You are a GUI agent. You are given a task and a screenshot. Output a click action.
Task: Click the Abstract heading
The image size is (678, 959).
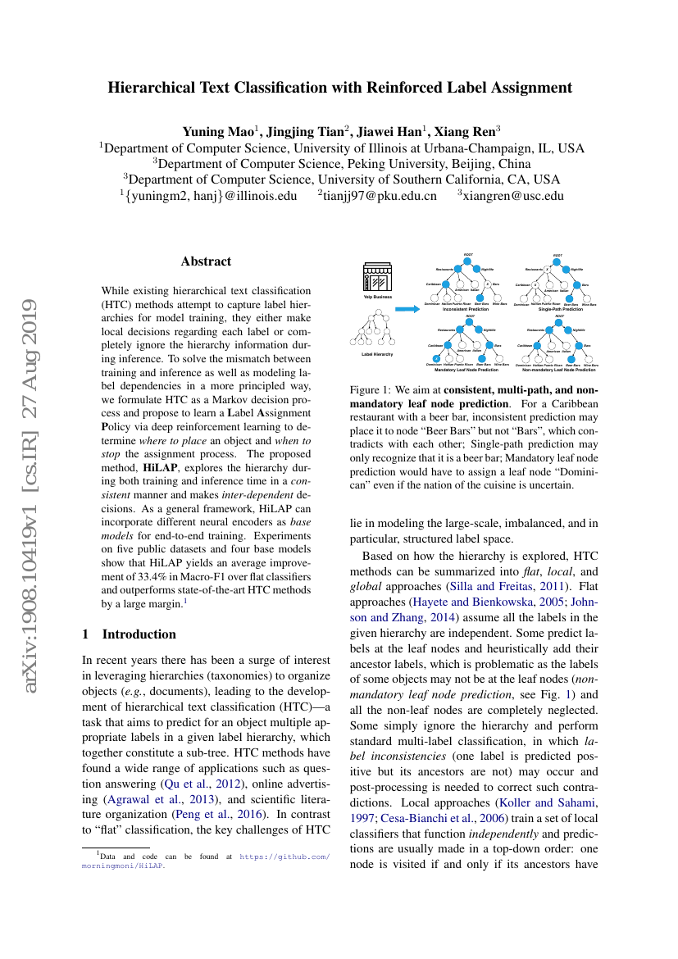pos(206,261)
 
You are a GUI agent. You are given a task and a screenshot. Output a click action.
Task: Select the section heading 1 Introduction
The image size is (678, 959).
pos(130,634)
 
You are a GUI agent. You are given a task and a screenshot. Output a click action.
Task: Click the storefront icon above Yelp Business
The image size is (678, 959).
pos(378,278)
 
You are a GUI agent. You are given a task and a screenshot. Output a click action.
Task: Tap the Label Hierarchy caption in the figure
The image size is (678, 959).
pos(377,354)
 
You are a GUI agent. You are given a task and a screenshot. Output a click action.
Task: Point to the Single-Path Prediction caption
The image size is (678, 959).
pos(561,310)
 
